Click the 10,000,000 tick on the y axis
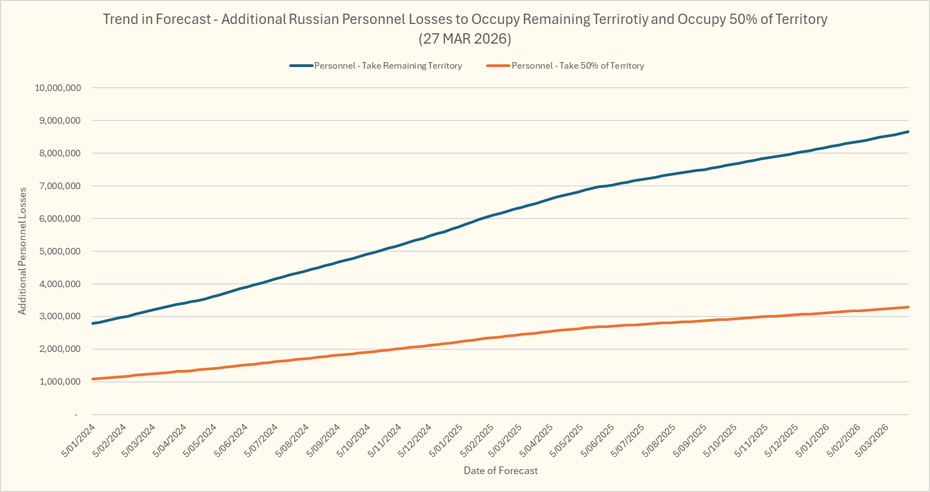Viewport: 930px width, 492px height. (58, 88)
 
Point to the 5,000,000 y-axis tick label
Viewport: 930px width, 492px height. (60, 251)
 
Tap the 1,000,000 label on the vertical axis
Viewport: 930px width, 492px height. (60, 382)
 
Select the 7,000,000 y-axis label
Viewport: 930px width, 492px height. (60, 186)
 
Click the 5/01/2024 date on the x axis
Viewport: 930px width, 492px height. (78, 441)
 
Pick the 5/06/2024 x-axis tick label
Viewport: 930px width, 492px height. (231, 441)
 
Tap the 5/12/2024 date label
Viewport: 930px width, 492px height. (415, 441)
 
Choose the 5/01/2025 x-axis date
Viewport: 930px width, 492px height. (446, 441)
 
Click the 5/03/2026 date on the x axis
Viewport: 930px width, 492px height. (874, 441)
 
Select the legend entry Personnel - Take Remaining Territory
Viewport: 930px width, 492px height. (388, 66)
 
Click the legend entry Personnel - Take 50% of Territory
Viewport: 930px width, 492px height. (578, 66)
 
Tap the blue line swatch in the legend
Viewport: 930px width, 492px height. (301, 66)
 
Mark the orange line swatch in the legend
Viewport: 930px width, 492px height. (498, 66)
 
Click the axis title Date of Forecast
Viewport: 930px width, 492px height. (501, 471)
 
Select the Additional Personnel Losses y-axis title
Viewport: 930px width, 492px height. (22, 251)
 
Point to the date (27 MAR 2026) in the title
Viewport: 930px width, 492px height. (465, 39)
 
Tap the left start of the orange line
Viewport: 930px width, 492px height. (93, 379)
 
